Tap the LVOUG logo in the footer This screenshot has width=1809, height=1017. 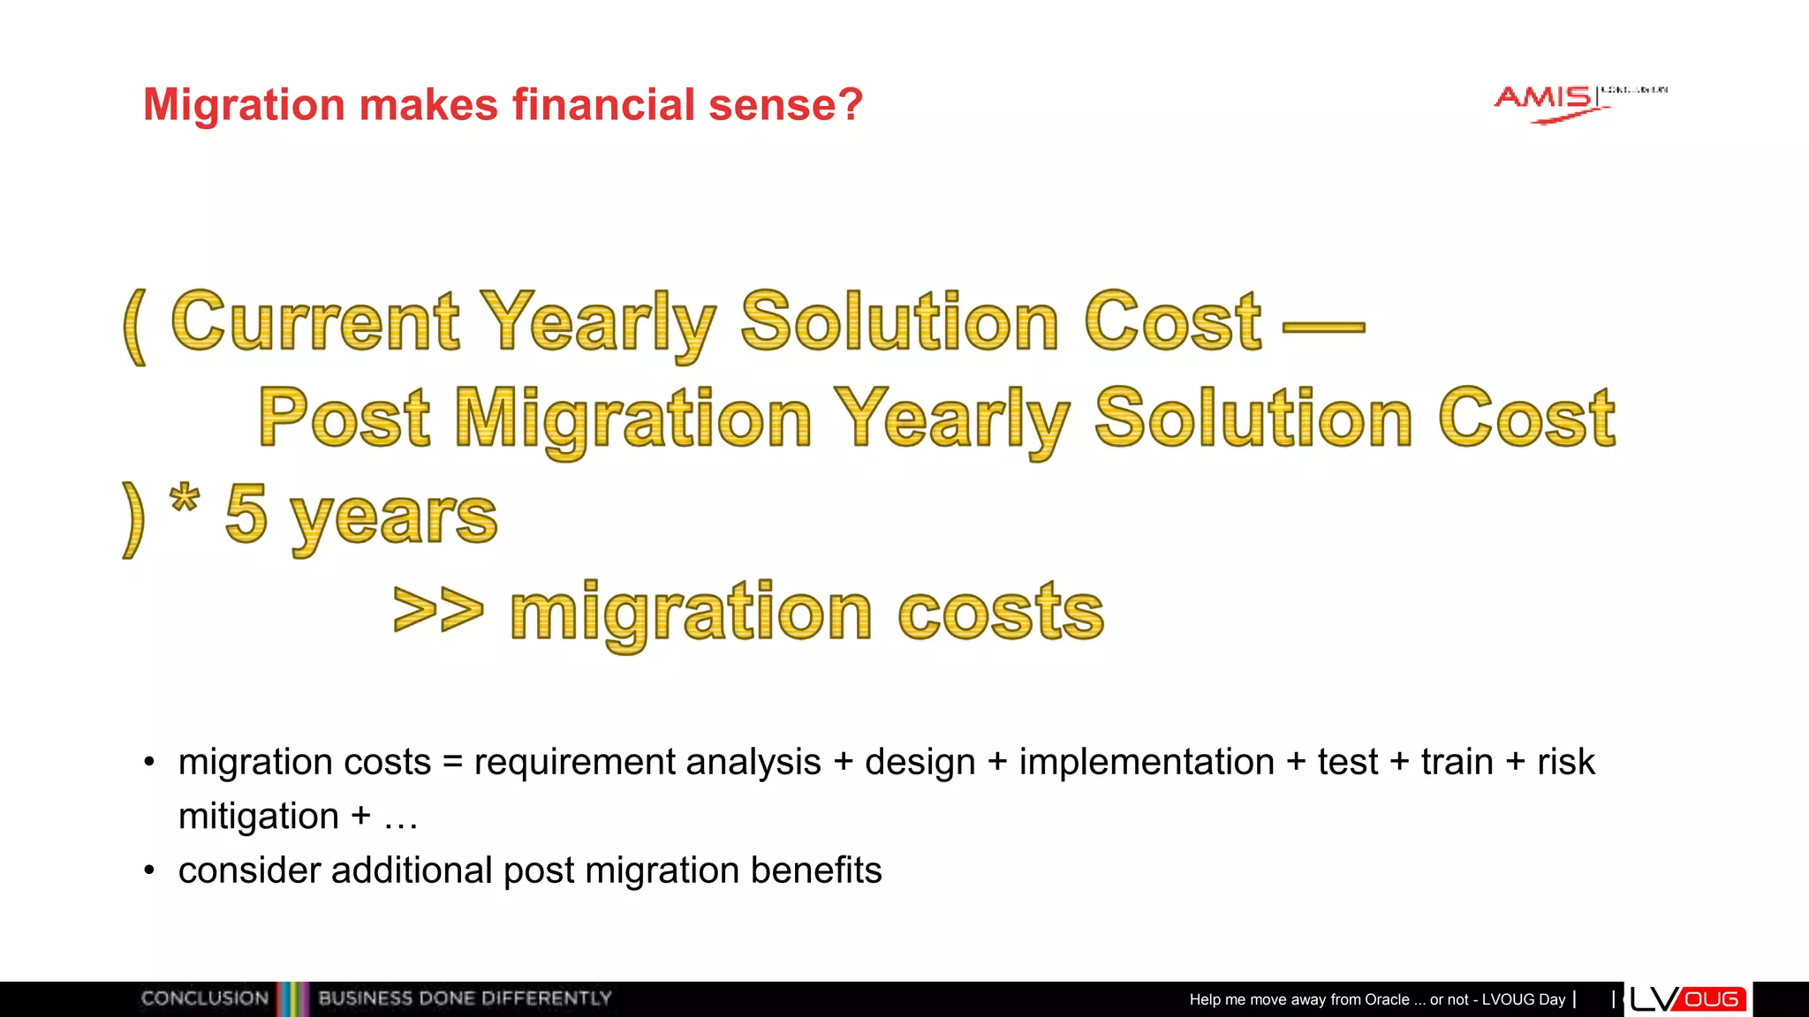tap(1687, 999)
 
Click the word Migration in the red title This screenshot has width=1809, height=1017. tap(244, 105)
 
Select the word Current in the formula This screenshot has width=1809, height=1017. tap(315, 322)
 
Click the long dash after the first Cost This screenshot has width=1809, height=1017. tap(1322, 328)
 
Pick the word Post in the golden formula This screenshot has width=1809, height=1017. tap(344, 418)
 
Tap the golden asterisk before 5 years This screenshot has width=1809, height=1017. tap(185, 501)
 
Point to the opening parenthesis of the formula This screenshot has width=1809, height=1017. tap(134, 326)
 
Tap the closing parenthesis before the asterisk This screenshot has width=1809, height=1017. tap(132, 519)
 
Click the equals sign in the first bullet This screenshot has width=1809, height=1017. tap(452, 762)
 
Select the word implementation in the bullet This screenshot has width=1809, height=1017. tap(1147, 762)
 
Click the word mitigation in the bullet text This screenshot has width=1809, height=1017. tap(258, 817)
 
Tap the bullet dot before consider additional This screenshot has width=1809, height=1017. tap(149, 871)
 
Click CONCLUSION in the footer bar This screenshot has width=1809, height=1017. tap(204, 998)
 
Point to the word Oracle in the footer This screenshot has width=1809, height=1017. tap(1387, 999)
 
